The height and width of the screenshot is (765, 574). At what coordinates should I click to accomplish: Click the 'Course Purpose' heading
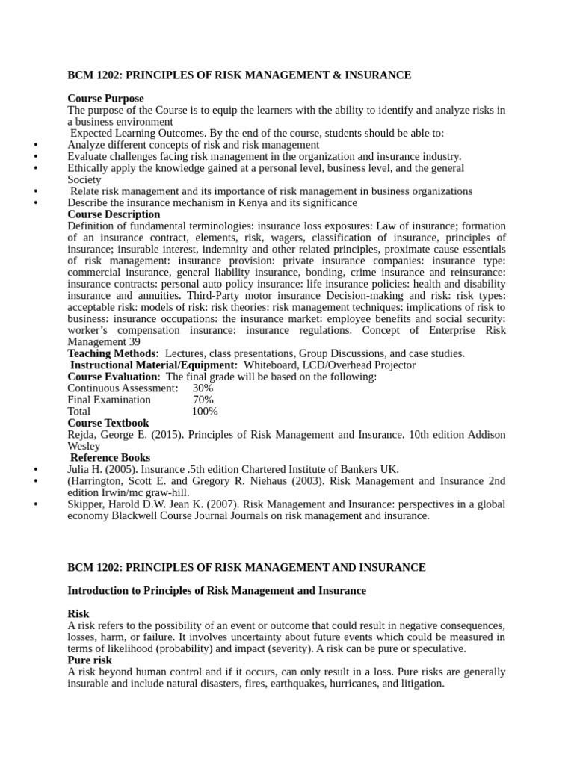click(105, 99)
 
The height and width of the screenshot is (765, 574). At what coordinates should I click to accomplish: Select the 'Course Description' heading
click(114, 214)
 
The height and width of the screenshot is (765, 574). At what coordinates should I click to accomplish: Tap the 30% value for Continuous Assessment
click(203, 388)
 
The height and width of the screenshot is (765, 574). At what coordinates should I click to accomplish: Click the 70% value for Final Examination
click(203, 400)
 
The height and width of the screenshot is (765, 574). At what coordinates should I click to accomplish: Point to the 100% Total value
click(205, 411)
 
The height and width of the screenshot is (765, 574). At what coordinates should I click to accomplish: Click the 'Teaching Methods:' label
click(113, 353)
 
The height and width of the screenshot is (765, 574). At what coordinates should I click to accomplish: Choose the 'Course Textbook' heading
click(108, 423)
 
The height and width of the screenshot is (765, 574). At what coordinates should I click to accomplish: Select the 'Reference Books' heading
click(110, 457)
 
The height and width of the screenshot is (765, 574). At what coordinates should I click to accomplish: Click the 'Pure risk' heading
click(90, 660)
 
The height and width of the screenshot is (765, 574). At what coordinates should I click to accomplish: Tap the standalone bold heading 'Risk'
click(78, 614)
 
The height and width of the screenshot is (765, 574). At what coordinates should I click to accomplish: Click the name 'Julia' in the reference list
click(80, 469)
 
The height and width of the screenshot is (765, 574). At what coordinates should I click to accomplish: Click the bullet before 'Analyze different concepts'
click(36, 145)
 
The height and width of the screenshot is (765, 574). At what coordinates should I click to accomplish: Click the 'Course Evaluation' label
click(112, 377)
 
